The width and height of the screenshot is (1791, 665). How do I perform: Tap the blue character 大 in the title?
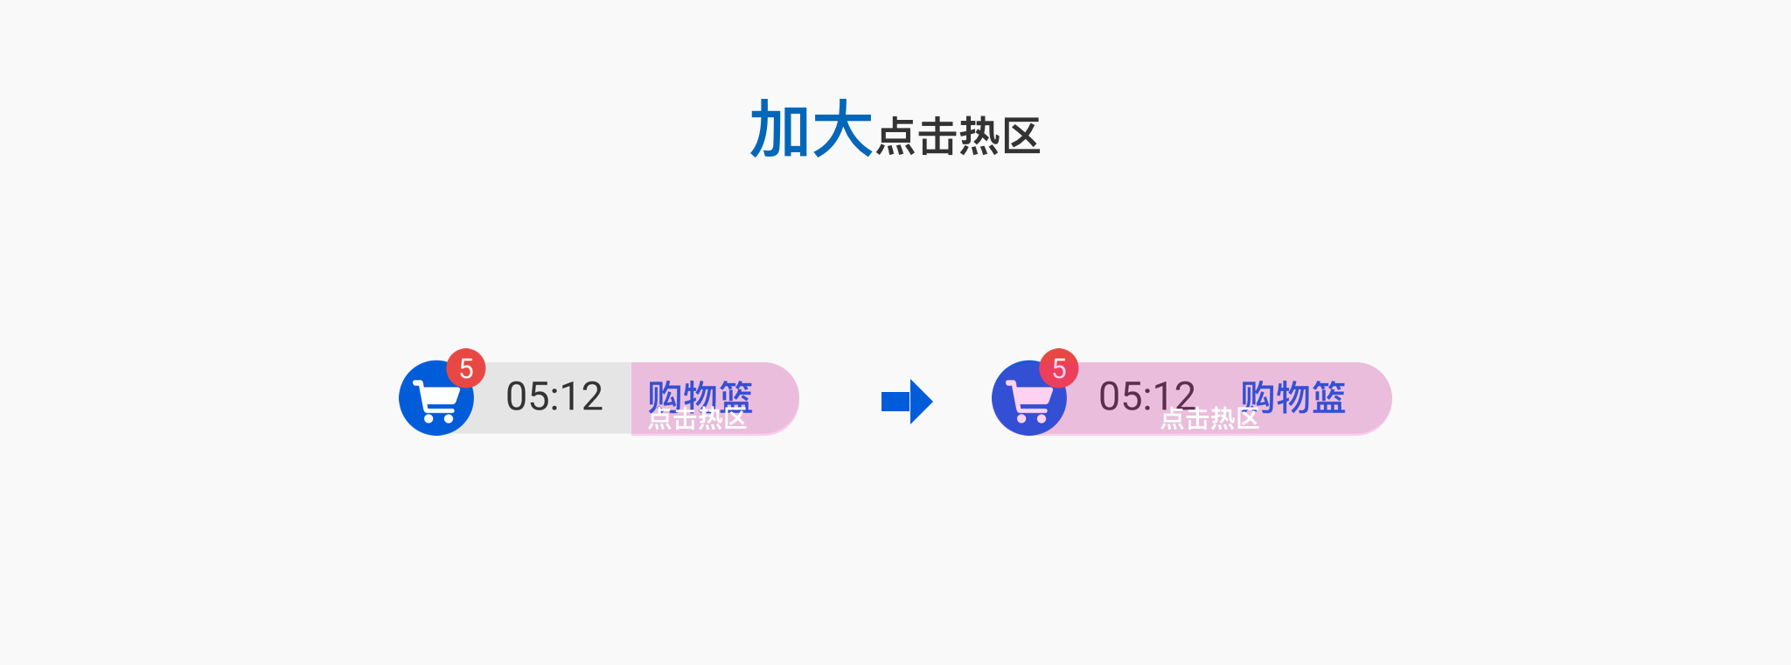tap(842, 129)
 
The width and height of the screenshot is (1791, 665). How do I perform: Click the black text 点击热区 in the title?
tap(958, 136)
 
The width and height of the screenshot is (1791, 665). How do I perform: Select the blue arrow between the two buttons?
tap(907, 402)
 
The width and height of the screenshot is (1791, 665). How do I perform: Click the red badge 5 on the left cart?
tap(466, 368)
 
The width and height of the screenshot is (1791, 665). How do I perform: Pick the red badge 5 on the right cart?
tap(1059, 368)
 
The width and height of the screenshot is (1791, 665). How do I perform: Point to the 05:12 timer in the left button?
tap(554, 396)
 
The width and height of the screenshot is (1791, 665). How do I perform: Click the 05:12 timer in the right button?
tap(1146, 396)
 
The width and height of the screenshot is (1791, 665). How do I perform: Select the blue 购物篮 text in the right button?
tap(1293, 396)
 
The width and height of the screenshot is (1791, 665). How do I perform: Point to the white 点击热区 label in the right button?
tap(1209, 419)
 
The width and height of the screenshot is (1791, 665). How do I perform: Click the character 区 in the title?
tap(1021, 136)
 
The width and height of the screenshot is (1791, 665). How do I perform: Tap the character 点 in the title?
tap(895, 136)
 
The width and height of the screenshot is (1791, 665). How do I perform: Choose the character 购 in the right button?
tap(1258, 396)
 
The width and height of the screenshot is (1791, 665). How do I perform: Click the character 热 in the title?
tap(979, 136)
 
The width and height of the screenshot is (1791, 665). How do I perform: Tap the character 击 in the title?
tap(937, 136)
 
